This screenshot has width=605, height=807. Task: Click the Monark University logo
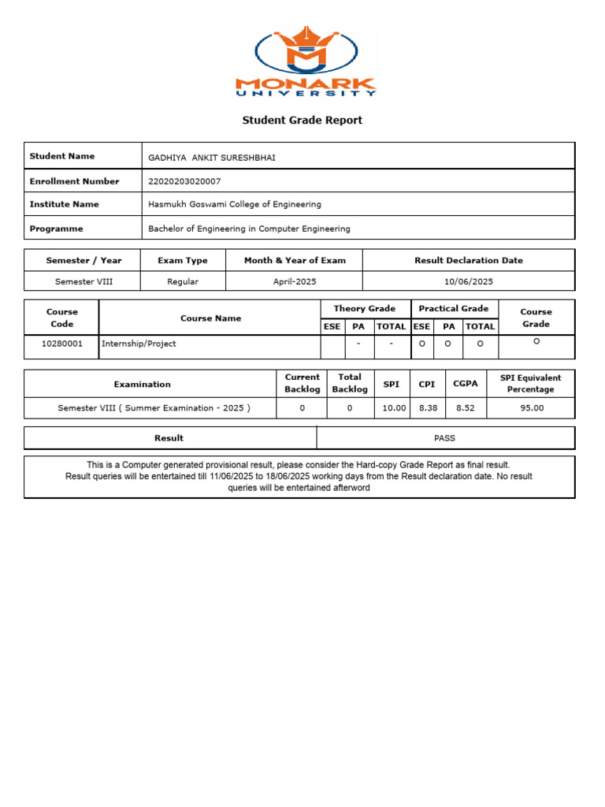(x=306, y=62)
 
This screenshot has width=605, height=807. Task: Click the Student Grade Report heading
(x=302, y=121)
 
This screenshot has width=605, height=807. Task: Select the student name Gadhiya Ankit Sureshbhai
(x=212, y=158)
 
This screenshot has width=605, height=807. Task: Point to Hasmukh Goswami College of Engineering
(x=235, y=204)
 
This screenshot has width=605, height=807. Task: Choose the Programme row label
(x=56, y=229)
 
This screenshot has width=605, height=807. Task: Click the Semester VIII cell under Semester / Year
(x=84, y=281)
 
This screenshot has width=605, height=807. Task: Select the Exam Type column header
(x=183, y=260)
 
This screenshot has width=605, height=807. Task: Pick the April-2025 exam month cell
(x=295, y=281)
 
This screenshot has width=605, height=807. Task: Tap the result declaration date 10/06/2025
(x=469, y=281)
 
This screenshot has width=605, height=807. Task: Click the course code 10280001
(x=61, y=344)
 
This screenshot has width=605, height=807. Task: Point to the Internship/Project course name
(x=139, y=344)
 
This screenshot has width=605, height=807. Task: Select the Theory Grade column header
(x=365, y=309)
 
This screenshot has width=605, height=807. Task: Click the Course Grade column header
(x=536, y=318)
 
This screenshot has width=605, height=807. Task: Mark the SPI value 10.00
(x=394, y=408)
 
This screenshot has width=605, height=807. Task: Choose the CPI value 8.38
(x=427, y=408)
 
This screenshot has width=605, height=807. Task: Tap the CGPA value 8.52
(x=466, y=408)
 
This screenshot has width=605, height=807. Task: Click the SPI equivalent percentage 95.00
(x=532, y=408)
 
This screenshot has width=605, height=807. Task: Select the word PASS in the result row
(x=444, y=438)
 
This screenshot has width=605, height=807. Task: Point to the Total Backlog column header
(x=349, y=383)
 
